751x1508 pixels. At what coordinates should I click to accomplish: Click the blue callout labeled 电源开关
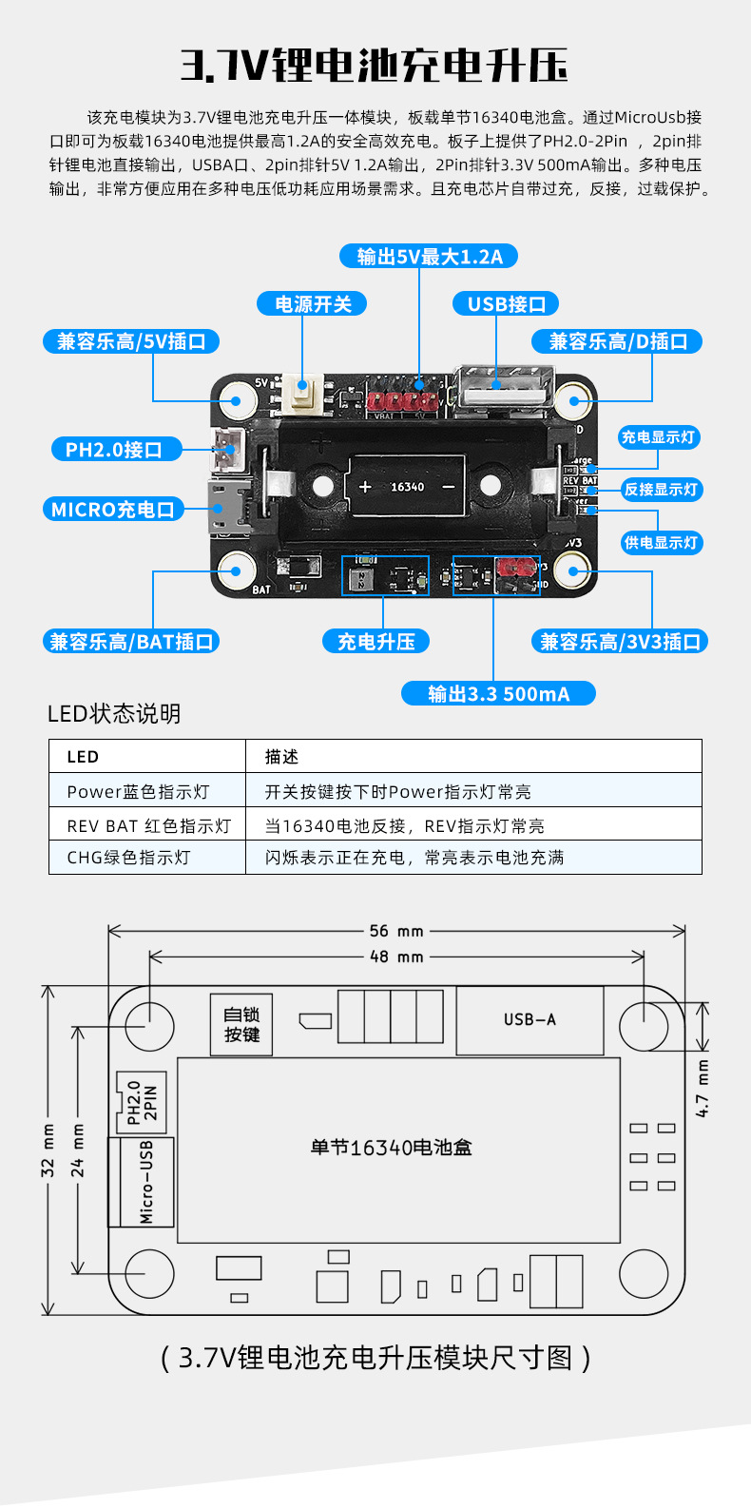313,304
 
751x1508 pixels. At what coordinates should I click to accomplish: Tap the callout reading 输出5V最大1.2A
429,257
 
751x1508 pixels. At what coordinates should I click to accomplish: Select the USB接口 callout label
506,304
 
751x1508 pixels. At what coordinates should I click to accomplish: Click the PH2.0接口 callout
115,450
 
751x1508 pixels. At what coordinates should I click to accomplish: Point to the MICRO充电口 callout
113,510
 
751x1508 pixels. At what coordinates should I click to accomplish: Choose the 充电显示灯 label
659,437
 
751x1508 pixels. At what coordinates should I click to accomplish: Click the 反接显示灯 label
661,490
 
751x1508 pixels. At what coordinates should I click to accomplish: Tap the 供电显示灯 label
661,543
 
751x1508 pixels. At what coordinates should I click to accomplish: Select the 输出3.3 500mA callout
498,694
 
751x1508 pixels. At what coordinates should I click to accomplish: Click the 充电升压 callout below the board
376,642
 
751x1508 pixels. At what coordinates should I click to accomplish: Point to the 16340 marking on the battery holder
408,487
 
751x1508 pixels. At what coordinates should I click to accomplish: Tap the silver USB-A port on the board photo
504,389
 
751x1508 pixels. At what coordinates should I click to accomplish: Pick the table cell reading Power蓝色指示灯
139,792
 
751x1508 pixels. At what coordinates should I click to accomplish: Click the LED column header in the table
83,757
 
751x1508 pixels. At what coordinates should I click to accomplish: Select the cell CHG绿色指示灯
129,858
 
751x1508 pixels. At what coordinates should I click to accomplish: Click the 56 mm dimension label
396,931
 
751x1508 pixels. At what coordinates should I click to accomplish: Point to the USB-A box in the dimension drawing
530,1020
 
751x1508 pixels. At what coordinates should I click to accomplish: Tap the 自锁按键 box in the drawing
241,1025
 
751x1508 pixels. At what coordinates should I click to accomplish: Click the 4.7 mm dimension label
703,1088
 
